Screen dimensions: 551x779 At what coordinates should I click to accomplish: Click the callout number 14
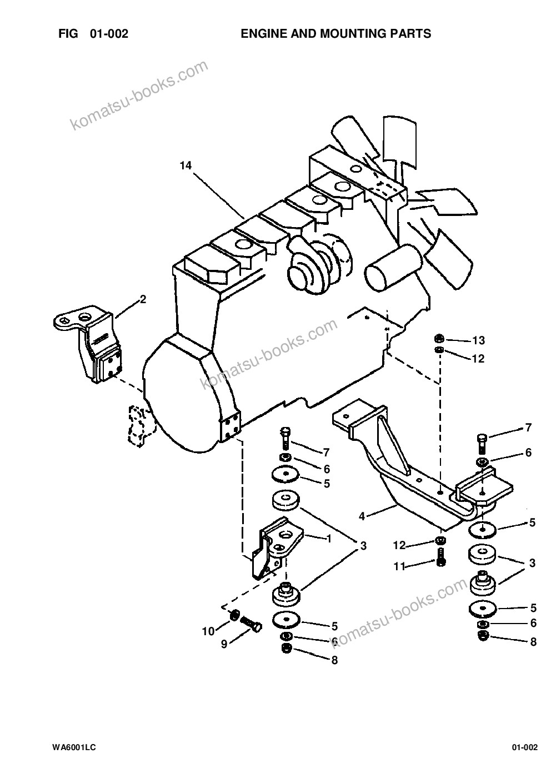186,165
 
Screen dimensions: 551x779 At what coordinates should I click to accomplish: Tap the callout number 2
143,299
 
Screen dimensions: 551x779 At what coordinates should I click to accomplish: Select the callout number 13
478,340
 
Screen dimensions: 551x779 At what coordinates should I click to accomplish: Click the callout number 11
399,566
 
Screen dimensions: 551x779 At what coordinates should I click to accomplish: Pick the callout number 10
208,631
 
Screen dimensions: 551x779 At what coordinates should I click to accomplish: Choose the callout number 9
224,644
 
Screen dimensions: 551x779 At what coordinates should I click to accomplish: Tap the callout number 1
329,539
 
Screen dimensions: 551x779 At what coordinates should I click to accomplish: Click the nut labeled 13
439,338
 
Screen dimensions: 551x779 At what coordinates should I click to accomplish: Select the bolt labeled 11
440,557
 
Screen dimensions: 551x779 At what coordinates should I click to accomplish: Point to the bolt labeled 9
251,623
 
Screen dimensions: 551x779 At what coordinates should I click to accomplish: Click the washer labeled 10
234,616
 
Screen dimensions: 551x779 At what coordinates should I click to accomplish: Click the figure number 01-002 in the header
109,34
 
